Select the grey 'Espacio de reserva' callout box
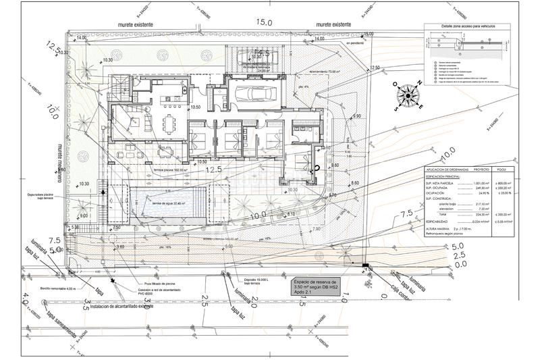click(x=315, y=286)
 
